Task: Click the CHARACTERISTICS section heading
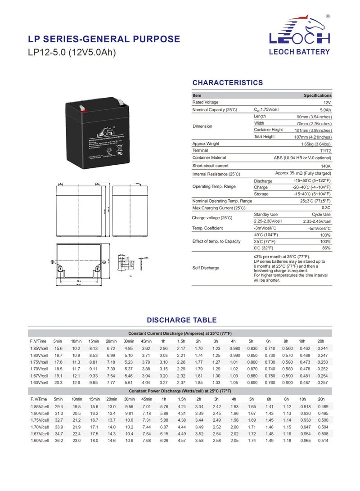pyautogui.click(x=227, y=83)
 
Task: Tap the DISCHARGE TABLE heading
pyautogui.click(x=181, y=320)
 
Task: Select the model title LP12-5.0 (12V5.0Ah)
pyautogui.click(x=72, y=53)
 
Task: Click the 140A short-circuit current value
pyautogui.click(x=326, y=166)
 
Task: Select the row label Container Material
pyautogui.click(x=209, y=158)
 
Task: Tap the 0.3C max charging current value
pyautogui.click(x=326, y=208)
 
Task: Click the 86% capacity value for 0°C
pyautogui.click(x=326, y=248)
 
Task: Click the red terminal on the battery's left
pyautogui.click(x=82, y=108)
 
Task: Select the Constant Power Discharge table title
pyautogui.click(x=180, y=391)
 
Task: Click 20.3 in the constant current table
pyautogui.click(x=58, y=382)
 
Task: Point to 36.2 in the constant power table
pyautogui.click(x=58, y=440)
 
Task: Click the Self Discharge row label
pyautogui.click(x=206, y=268)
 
